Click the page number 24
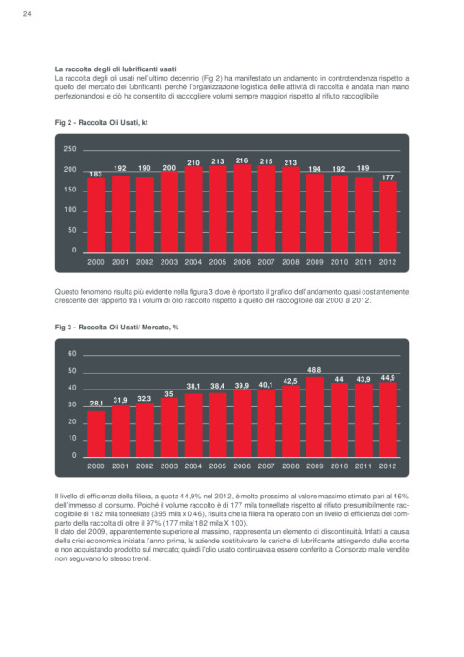(27, 14)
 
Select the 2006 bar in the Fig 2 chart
(241, 208)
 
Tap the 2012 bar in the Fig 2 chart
(388, 217)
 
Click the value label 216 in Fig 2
(241, 160)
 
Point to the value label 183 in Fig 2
(96, 174)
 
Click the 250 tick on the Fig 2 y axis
(70, 149)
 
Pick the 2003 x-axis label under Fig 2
(169, 262)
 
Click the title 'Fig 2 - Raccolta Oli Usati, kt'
(101, 122)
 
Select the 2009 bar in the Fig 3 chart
(315, 418)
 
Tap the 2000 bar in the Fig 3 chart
(96, 434)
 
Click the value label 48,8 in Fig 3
(315, 370)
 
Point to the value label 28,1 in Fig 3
(96, 404)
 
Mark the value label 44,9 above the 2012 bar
(388, 378)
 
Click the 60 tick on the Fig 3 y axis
(72, 354)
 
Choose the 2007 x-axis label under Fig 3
(266, 466)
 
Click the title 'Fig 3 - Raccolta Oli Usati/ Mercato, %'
(117, 327)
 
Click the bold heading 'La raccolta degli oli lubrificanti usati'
(116, 69)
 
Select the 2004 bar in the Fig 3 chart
(193, 425)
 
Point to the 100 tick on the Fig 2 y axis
(70, 210)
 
